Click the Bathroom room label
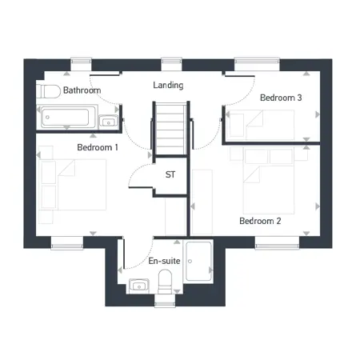(x=82, y=90)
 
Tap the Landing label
(x=168, y=85)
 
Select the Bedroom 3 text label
(x=281, y=98)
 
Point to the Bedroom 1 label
(x=98, y=147)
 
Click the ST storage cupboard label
(x=170, y=174)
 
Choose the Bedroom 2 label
(x=260, y=221)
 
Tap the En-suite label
(x=164, y=261)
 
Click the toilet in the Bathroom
(x=49, y=91)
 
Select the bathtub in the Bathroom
(x=66, y=117)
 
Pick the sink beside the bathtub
(x=109, y=122)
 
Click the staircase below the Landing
(x=171, y=129)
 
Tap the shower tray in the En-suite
(x=198, y=261)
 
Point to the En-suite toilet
(x=165, y=282)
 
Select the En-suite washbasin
(x=138, y=286)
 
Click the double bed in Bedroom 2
(x=269, y=182)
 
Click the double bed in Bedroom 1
(x=74, y=185)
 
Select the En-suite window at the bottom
(x=165, y=301)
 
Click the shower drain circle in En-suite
(x=190, y=261)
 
